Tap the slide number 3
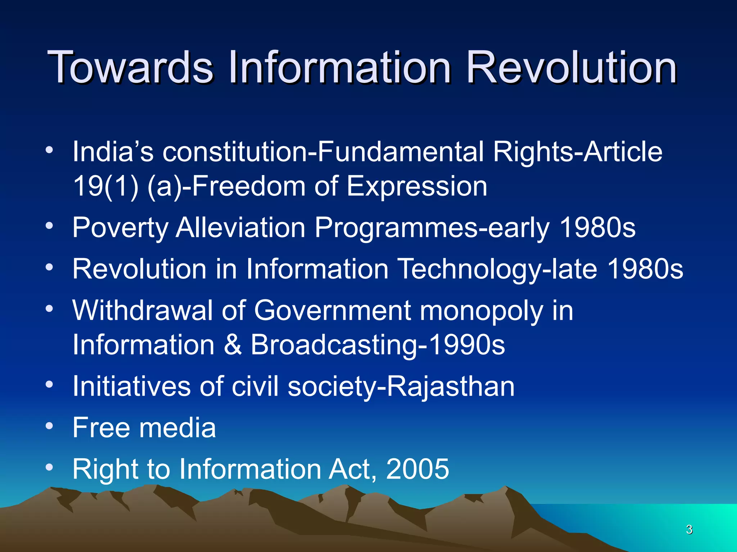[689, 529]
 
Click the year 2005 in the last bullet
[417, 469]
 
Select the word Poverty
[120, 227]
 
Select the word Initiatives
[131, 386]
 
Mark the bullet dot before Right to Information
[49, 467]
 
